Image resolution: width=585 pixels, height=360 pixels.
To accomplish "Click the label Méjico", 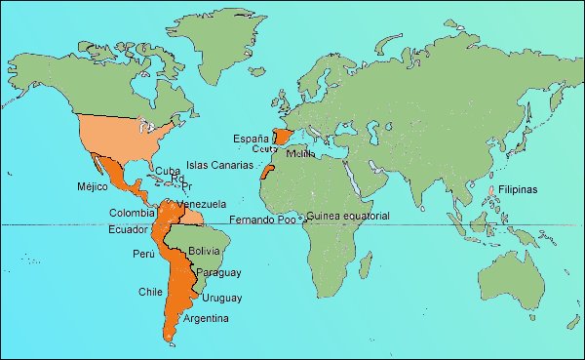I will [x=91, y=186].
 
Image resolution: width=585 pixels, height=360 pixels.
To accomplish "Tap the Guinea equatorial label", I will [x=348, y=216].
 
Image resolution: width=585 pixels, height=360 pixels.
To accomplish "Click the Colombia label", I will [x=132, y=212].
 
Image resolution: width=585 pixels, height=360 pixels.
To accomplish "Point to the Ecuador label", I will [x=128, y=229].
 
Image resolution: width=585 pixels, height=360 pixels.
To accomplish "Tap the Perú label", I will [x=142, y=254].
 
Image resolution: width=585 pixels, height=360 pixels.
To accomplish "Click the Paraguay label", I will [x=217, y=273].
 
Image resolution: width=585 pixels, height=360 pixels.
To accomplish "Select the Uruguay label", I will [x=222, y=298].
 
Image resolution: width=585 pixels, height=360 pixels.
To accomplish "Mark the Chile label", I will [x=150, y=291].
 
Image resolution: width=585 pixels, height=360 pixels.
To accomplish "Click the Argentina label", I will [x=206, y=319].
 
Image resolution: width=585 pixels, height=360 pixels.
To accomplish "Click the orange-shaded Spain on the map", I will [x=283, y=136].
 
